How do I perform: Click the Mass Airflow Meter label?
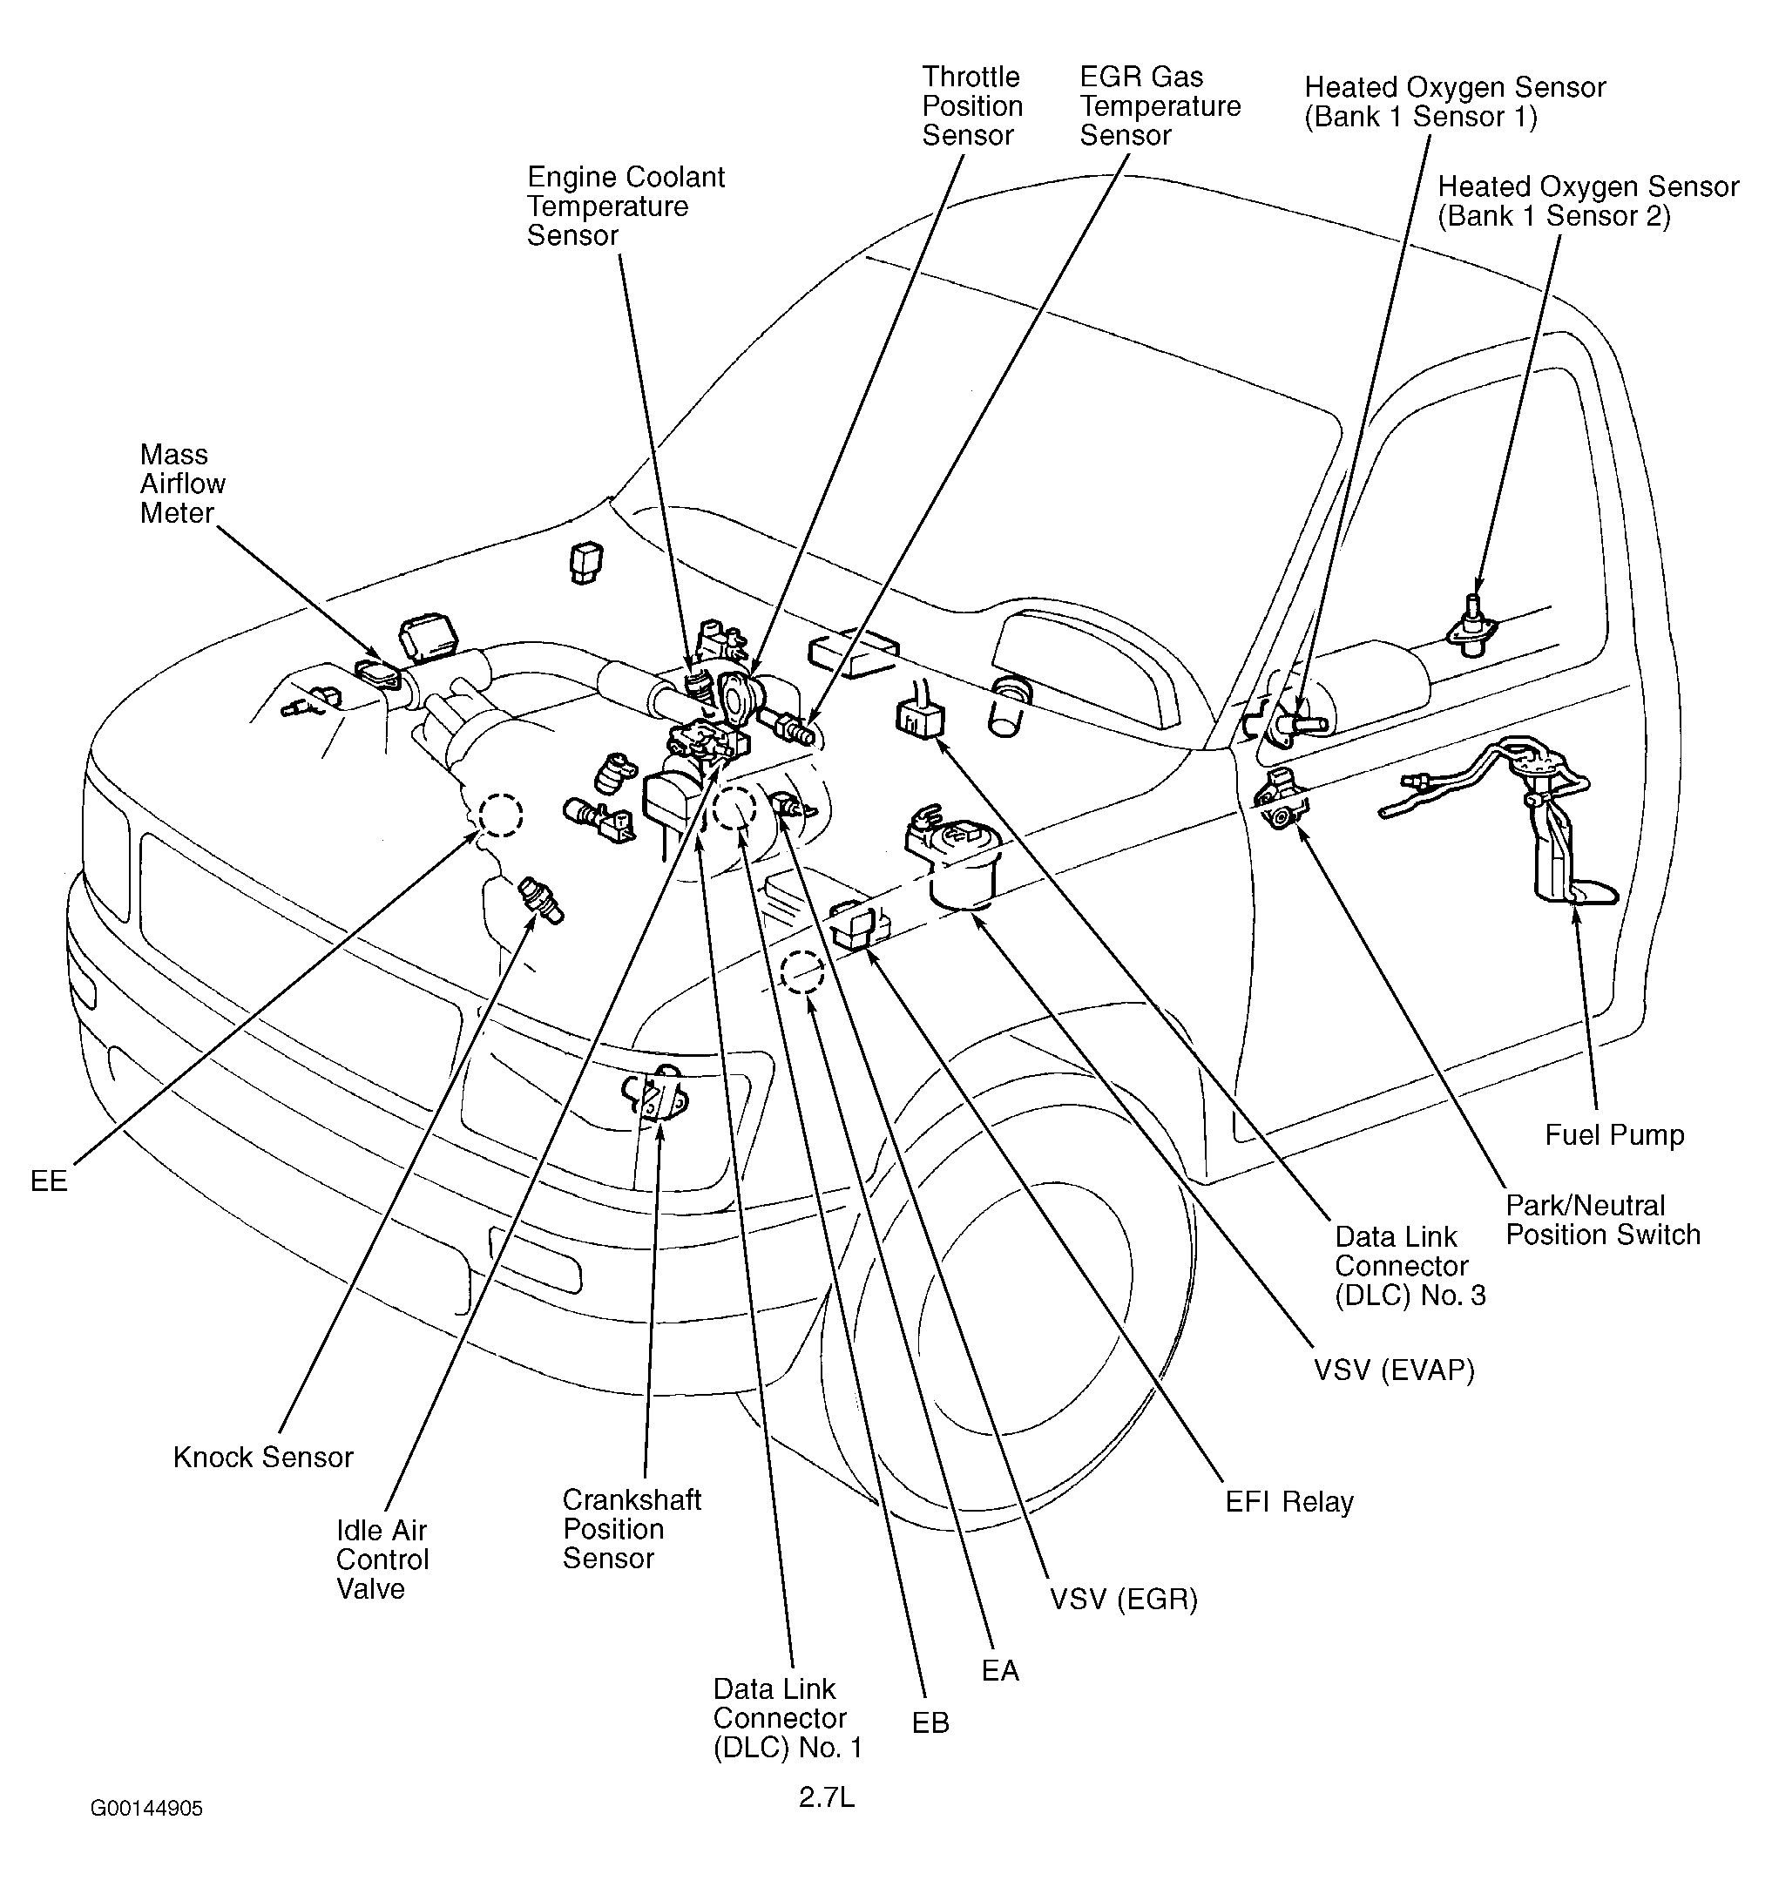pos(183,484)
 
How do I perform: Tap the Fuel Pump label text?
pos(1614,1134)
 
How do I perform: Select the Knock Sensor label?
pos(263,1457)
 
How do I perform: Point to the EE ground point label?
pos(49,1181)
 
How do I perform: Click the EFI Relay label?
pos(1289,1502)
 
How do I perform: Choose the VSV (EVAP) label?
pos(1394,1370)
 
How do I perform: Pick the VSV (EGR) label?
pos(1123,1599)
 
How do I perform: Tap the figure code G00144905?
pos(146,1809)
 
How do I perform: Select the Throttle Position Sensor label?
pos(971,106)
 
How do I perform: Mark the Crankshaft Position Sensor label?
pos(631,1529)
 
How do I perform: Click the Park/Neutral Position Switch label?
pos(1603,1220)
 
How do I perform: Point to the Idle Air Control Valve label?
pos(382,1560)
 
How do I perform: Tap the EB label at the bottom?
pos(930,1723)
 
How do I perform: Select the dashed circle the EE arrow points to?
pos(499,814)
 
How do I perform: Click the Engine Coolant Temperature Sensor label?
pos(626,206)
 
